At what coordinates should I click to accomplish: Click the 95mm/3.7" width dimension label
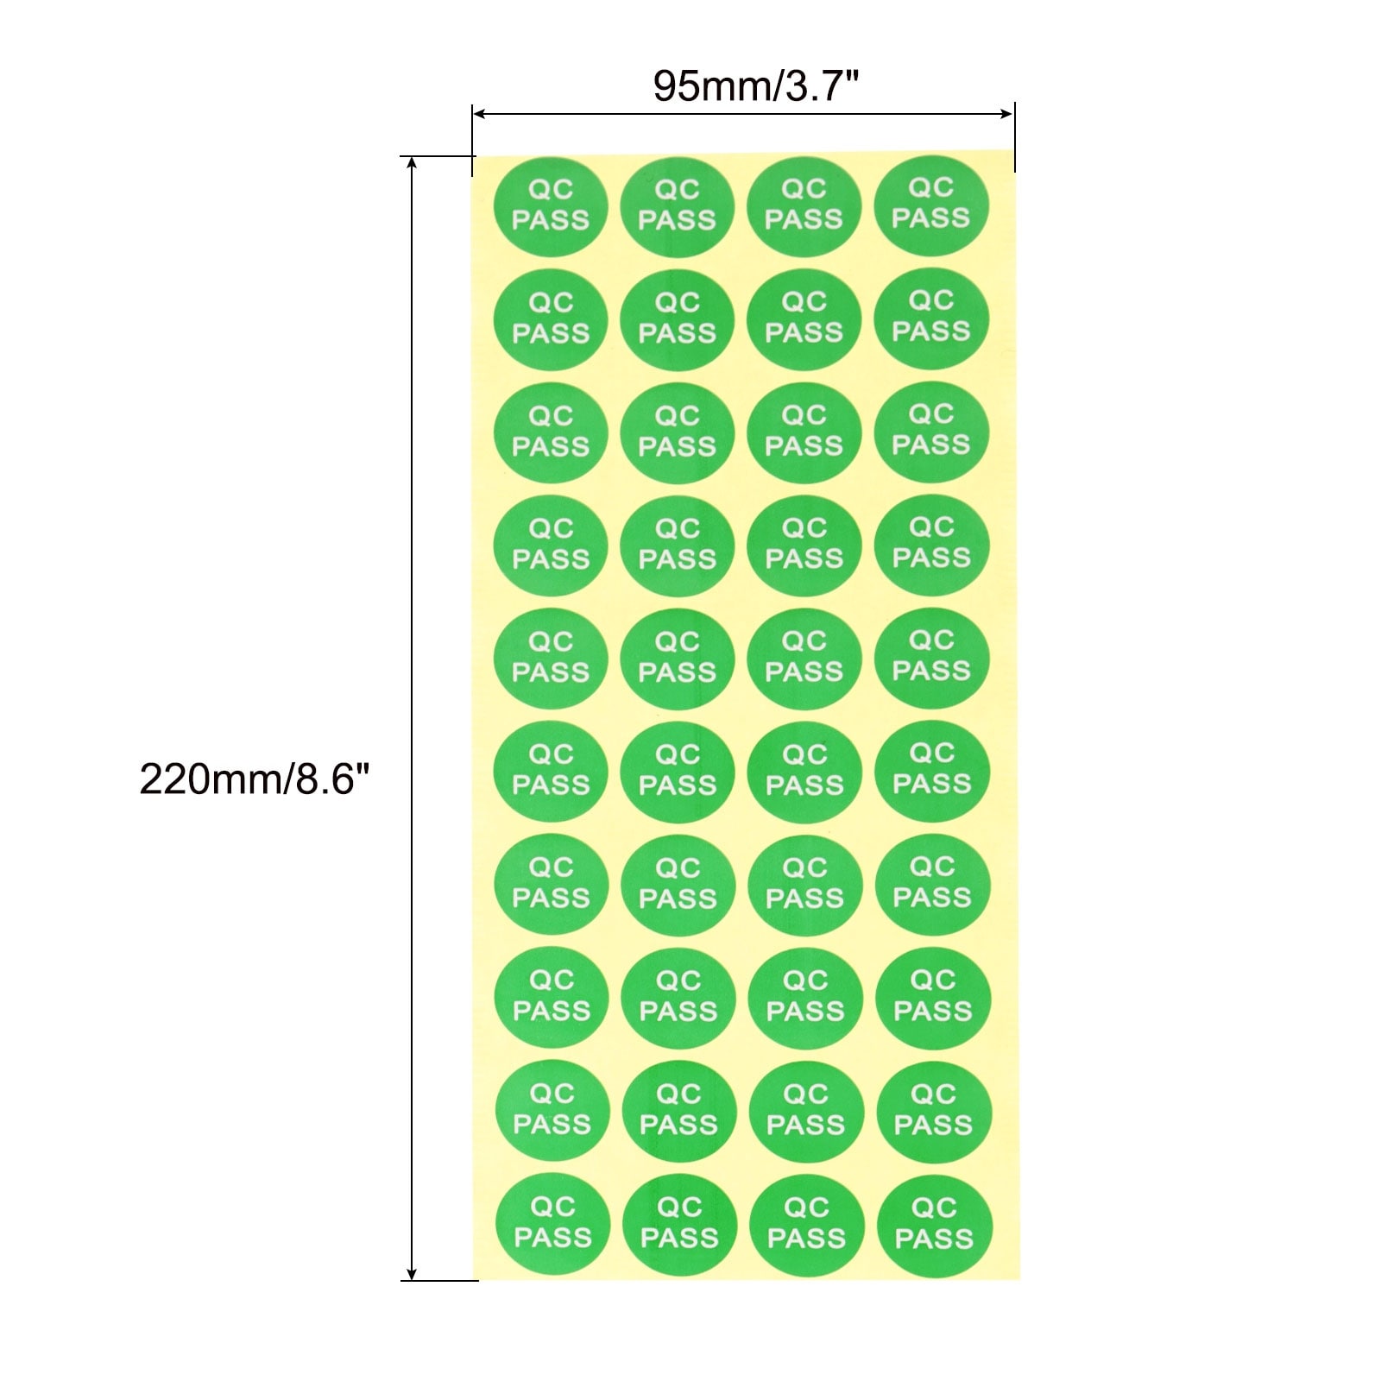click(x=755, y=85)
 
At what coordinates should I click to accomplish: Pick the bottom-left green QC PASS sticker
click(x=553, y=1226)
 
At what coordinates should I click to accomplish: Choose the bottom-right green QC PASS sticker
click(x=935, y=1226)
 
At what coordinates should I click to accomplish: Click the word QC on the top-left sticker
click(x=551, y=190)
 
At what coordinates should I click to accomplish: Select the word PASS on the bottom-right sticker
click(x=935, y=1239)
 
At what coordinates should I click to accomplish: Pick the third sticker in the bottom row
click(x=807, y=1226)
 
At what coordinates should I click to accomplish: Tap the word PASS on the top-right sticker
click(x=931, y=218)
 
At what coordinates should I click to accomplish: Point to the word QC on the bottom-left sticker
click(x=553, y=1208)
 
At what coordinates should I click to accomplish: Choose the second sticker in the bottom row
click(x=680, y=1226)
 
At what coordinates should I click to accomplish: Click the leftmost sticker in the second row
click(x=551, y=320)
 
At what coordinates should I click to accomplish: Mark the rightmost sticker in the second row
click(x=931, y=318)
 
